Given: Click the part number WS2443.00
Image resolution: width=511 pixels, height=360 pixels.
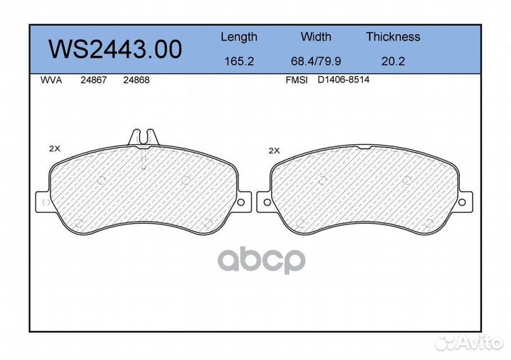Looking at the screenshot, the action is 115,50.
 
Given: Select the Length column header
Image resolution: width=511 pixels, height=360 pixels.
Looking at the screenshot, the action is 239,37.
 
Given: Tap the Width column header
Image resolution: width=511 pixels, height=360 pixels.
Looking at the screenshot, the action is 316,36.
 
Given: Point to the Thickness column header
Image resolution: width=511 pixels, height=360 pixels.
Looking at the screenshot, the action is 393,36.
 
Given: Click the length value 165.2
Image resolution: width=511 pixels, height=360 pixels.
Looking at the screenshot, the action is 239,61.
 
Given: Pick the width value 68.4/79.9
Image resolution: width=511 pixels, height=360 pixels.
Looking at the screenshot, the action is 316,61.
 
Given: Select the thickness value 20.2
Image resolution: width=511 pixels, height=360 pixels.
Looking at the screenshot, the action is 393,61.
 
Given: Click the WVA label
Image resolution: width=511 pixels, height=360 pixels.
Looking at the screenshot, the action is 51,80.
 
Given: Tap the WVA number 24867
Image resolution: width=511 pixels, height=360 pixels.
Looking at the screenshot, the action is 94,80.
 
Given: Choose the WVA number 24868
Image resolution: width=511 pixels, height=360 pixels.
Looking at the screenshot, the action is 136,80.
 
